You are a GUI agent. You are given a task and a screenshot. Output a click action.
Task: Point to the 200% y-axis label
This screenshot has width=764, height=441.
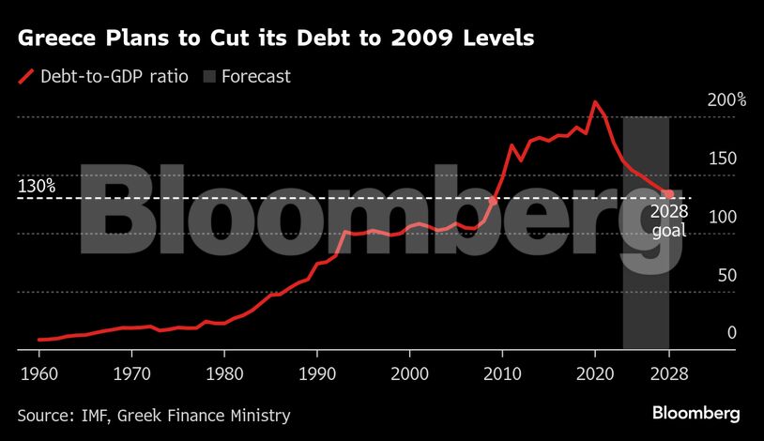pyautogui.click(x=726, y=99)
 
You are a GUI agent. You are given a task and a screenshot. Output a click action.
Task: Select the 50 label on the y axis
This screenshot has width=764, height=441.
pyautogui.click(x=724, y=275)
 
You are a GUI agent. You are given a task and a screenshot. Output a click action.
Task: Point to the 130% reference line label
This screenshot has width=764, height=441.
pyautogui.click(x=37, y=187)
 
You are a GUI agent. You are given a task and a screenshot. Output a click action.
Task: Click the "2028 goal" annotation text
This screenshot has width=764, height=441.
pyautogui.click(x=669, y=220)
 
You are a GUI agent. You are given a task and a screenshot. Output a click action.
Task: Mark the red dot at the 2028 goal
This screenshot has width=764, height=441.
pyautogui.click(x=669, y=194)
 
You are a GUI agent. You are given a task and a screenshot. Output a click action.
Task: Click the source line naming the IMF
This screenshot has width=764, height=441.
pyautogui.click(x=154, y=415)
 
